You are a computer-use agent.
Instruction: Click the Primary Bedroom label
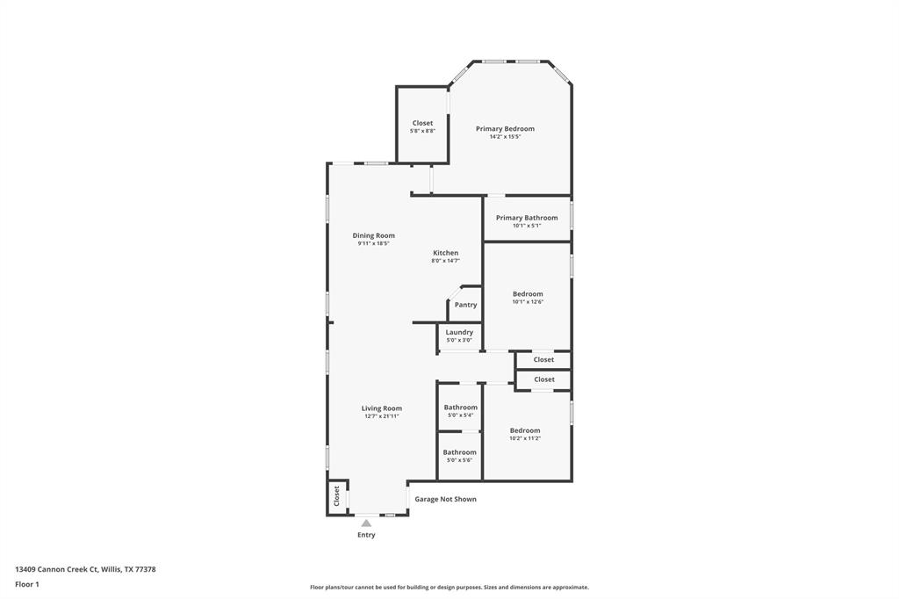(505, 128)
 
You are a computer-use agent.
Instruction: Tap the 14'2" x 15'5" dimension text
(505, 137)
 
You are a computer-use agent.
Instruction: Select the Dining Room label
(374, 235)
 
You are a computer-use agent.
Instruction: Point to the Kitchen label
(445, 252)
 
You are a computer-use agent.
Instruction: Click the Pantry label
(465, 305)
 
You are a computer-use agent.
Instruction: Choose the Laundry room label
(459, 332)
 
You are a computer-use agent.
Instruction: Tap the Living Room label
(382, 408)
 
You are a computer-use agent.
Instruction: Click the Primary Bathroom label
(527, 218)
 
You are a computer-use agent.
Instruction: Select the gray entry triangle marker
(366, 523)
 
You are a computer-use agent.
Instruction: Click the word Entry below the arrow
(366, 535)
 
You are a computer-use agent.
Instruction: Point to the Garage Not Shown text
(445, 499)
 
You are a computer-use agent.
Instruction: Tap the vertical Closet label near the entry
(336, 495)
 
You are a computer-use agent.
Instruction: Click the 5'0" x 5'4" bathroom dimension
(460, 415)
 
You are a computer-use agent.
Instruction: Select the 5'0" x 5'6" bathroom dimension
(460, 460)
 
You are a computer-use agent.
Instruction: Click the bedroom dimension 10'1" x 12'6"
(528, 302)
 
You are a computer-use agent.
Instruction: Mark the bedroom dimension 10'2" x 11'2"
(525, 438)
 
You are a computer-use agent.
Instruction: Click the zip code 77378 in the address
(146, 570)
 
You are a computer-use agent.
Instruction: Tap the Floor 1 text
(27, 585)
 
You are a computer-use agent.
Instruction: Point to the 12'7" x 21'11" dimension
(382, 416)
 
